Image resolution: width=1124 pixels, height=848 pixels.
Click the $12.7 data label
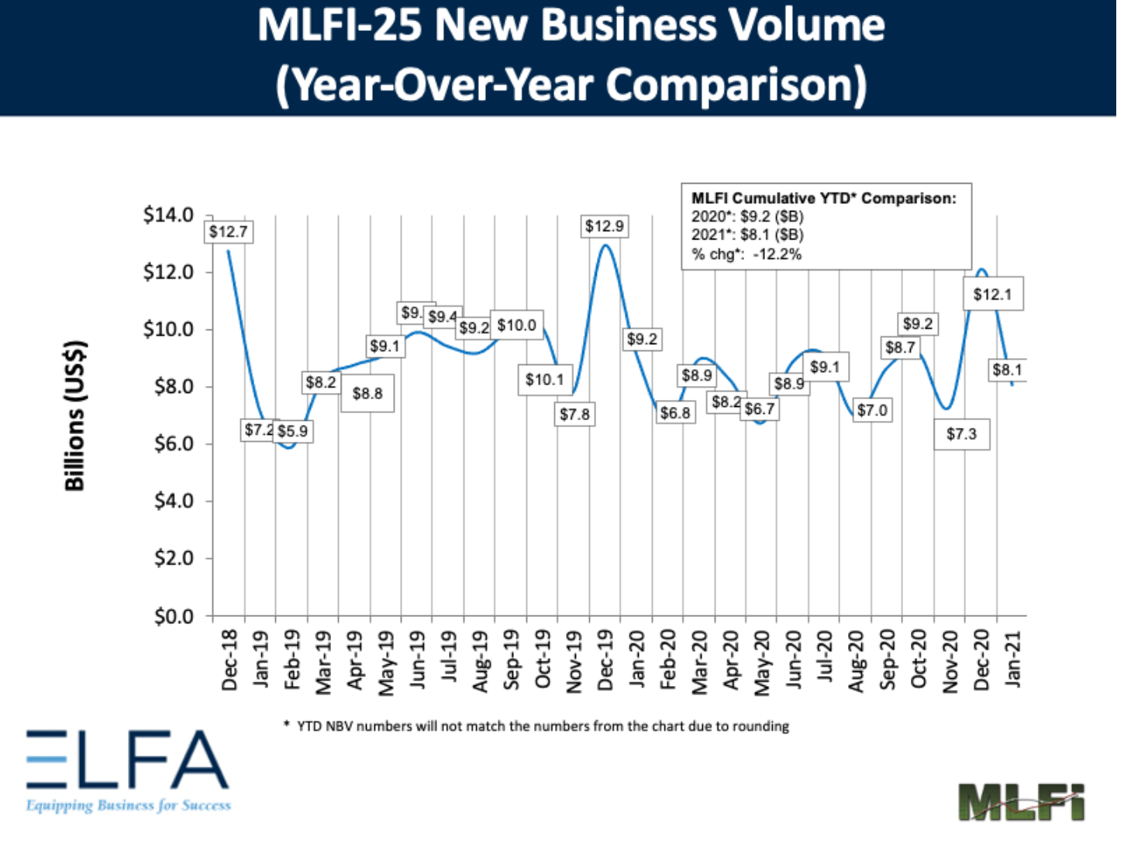(229, 232)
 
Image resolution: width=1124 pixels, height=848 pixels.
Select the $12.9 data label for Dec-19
(605, 226)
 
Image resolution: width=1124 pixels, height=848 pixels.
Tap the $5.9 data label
(293, 431)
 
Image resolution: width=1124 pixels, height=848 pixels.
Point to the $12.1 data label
(993, 295)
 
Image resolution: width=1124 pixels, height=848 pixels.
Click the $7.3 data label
(961, 434)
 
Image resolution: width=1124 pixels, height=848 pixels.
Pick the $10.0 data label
(517, 326)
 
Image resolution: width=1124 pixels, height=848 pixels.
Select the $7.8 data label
(575, 415)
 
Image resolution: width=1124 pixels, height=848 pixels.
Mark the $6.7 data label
(760, 408)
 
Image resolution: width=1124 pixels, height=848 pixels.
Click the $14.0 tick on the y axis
(168, 215)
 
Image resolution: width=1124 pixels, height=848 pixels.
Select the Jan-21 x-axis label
(1013, 658)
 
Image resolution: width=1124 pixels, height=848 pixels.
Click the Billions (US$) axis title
(74, 415)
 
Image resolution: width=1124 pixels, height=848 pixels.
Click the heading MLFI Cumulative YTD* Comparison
(824, 198)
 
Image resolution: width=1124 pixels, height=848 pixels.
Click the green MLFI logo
(1021, 802)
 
